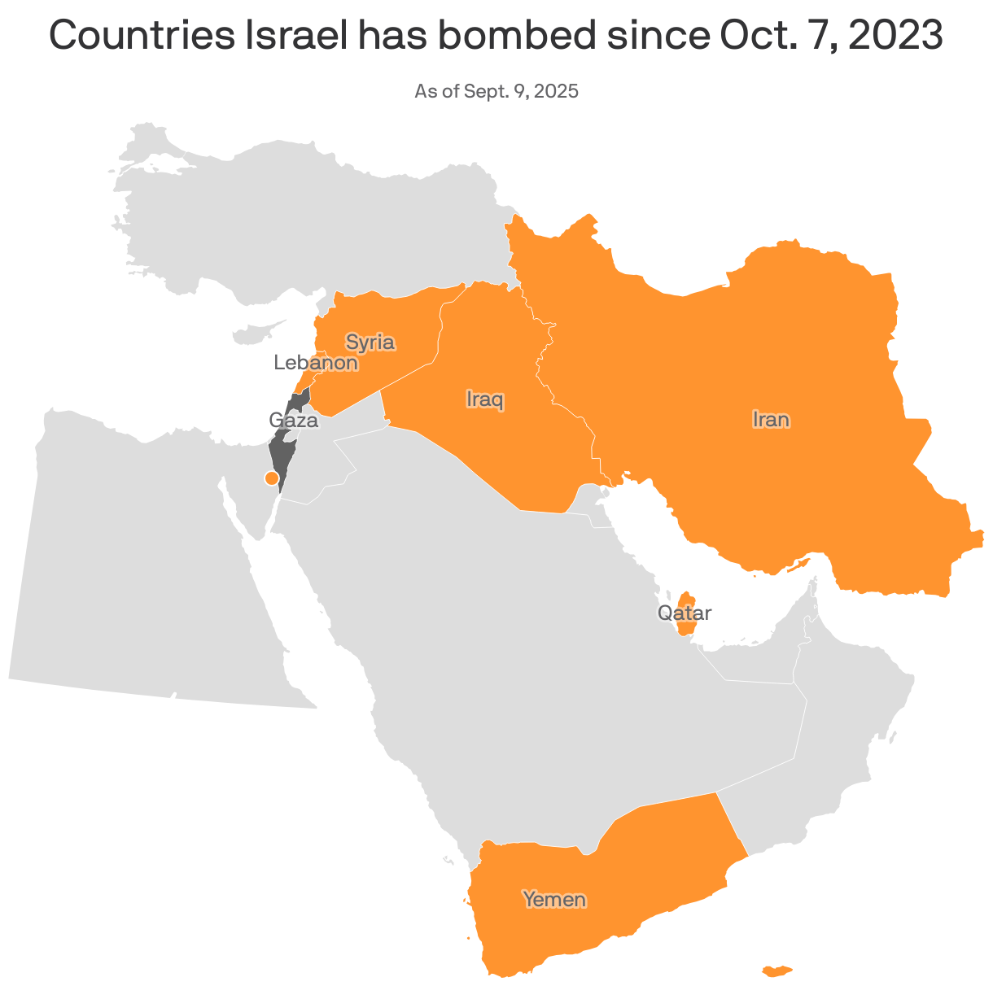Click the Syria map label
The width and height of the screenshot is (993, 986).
click(370, 342)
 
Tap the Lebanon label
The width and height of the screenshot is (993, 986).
click(316, 363)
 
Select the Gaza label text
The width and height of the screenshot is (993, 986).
click(293, 421)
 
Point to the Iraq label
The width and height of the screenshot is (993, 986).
click(485, 399)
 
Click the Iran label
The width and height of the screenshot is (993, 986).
click(770, 420)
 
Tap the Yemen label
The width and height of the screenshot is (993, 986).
click(554, 899)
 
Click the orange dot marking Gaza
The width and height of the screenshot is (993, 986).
click(272, 478)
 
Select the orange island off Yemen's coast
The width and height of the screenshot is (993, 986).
click(776, 971)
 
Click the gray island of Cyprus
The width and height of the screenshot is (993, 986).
click(254, 334)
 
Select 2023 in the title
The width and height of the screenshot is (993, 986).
click(895, 37)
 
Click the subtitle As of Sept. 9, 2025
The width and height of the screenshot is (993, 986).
click(496, 91)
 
